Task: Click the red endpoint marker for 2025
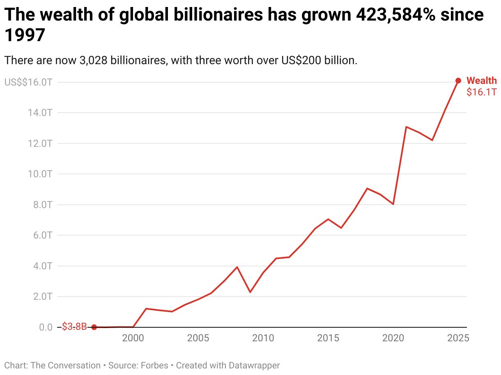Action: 458,81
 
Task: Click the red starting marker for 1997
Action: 94,327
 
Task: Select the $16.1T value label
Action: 481,92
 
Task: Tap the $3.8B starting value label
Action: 74,327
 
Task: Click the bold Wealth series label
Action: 482,81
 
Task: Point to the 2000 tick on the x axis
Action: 133,338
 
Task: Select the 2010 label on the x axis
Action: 263,338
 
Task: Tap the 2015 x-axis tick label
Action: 328,338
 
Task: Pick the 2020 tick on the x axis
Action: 393,338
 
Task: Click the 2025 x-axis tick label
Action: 458,338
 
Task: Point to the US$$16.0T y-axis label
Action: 28,82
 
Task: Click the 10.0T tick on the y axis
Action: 40,174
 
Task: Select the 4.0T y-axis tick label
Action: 42,266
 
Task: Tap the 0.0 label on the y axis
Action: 46,327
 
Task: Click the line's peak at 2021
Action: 406,127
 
